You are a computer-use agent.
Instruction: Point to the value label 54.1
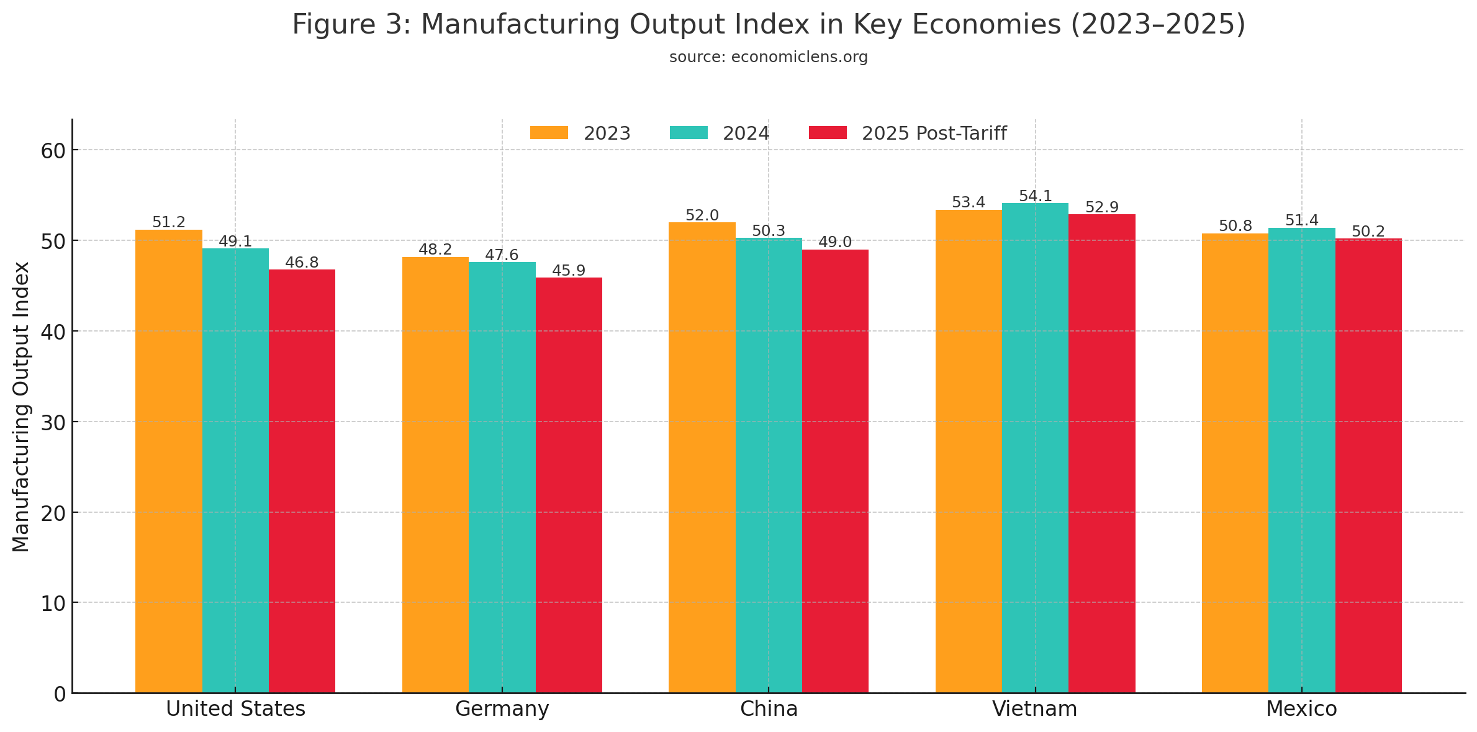click(1035, 196)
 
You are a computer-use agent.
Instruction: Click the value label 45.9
click(569, 271)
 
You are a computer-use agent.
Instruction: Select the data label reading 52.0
click(702, 215)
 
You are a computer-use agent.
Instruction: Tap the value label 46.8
click(302, 263)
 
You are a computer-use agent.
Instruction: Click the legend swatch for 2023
click(549, 133)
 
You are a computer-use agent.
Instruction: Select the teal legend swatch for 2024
click(689, 133)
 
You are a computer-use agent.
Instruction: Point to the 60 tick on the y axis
click(53, 150)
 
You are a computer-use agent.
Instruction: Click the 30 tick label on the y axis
click(53, 422)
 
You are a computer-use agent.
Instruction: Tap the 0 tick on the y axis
click(60, 694)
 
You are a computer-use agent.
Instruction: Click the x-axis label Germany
click(502, 709)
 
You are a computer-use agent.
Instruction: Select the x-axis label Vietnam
click(1034, 709)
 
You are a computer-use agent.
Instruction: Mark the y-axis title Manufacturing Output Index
click(21, 407)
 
